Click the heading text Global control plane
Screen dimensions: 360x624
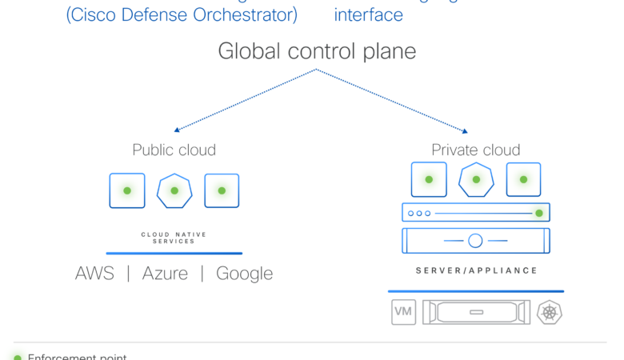pos(317,52)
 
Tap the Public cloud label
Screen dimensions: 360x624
pos(174,150)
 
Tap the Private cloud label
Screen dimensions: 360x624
pos(475,150)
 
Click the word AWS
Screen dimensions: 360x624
pos(94,274)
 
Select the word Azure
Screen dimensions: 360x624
pos(165,274)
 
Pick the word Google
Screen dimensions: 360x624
pos(244,274)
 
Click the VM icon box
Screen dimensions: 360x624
pos(403,312)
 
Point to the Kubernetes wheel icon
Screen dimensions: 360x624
pos(550,312)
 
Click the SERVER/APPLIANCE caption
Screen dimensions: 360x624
pos(477,271)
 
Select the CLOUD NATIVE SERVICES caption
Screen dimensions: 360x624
pos(174,238)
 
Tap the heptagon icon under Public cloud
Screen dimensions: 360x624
pos(174,191)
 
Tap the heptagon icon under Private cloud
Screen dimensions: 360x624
pos(475,180)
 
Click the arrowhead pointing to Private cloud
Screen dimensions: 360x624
pos(464,130)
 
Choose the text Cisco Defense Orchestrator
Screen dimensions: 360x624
pos(182,14)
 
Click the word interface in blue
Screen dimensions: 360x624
pos(368,14)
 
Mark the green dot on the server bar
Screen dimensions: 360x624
pos(539,213)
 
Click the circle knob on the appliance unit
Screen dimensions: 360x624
pos(475,241)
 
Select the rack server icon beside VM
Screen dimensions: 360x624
pos(476,312)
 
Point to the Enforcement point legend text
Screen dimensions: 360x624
pos(77,357)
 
